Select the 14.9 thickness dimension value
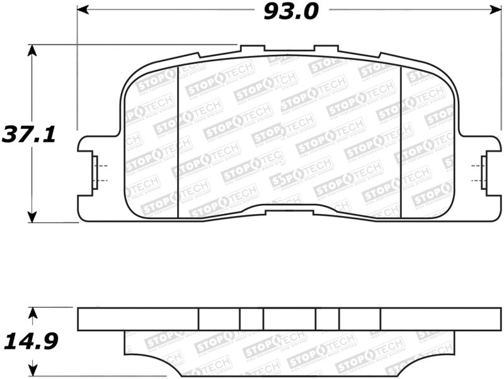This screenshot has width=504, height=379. click(31, 342)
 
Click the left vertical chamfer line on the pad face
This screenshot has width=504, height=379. click(179, 142)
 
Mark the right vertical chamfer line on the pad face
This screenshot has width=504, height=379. click(401, 142)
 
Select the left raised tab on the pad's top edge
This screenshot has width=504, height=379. click(253, 48)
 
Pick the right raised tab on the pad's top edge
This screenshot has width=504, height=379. click(326, 48)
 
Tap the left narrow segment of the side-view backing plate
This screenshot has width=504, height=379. click(251, 319)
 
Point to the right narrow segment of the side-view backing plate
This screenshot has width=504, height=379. click(327, 319)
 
